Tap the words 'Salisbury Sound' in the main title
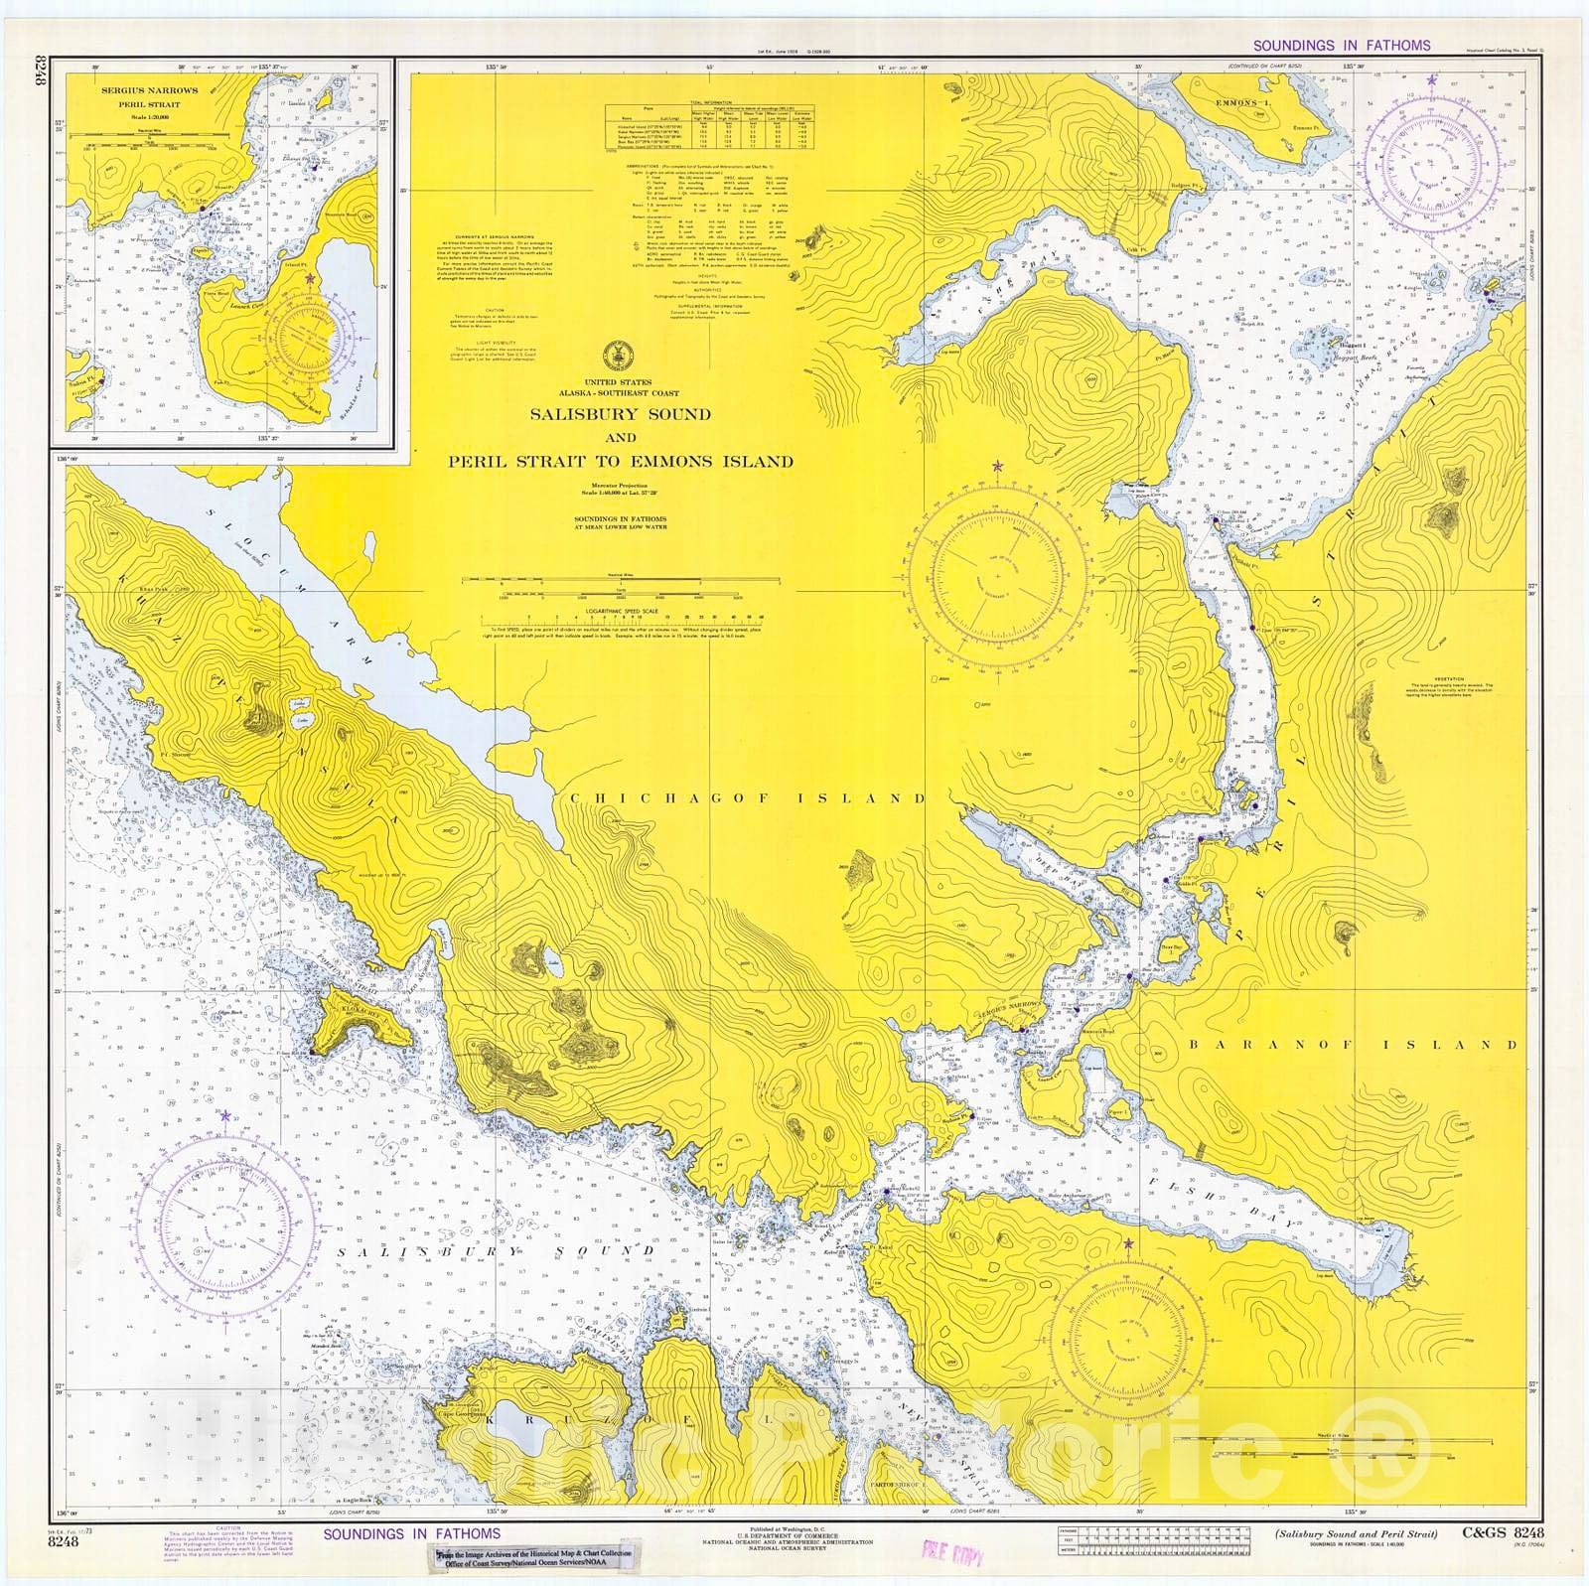point(620,414)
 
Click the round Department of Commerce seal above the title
point(620,352)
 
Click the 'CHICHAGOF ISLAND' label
point(748,797)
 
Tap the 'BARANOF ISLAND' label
point(1353,1045)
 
